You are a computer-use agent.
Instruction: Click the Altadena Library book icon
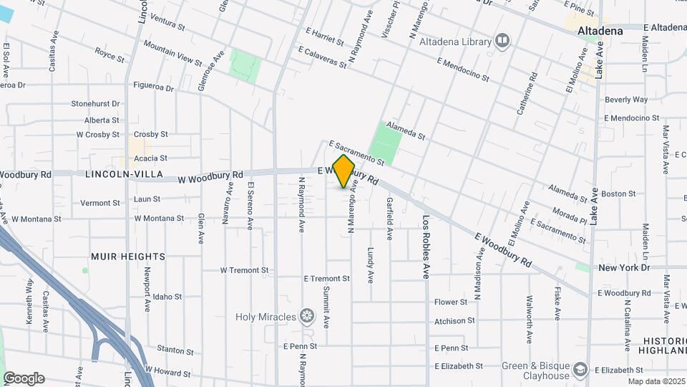(502, 39)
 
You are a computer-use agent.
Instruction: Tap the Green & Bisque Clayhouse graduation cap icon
(580, 371)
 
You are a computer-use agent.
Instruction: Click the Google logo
(24, 378)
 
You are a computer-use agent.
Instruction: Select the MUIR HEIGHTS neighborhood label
(128, 256)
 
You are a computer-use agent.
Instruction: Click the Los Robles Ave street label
(426, 247)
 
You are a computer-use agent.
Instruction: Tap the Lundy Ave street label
(371, 264)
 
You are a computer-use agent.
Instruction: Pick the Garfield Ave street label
(390, 218)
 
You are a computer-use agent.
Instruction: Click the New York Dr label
(623, 267)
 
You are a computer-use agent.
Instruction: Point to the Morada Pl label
(570, 214)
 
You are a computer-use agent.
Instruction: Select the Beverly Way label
(625, 100)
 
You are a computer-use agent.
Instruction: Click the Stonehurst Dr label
(95, 104)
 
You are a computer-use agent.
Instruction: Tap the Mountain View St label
(172, 53)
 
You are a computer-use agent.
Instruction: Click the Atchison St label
(454, 321)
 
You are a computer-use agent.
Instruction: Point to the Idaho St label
(167, 296)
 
